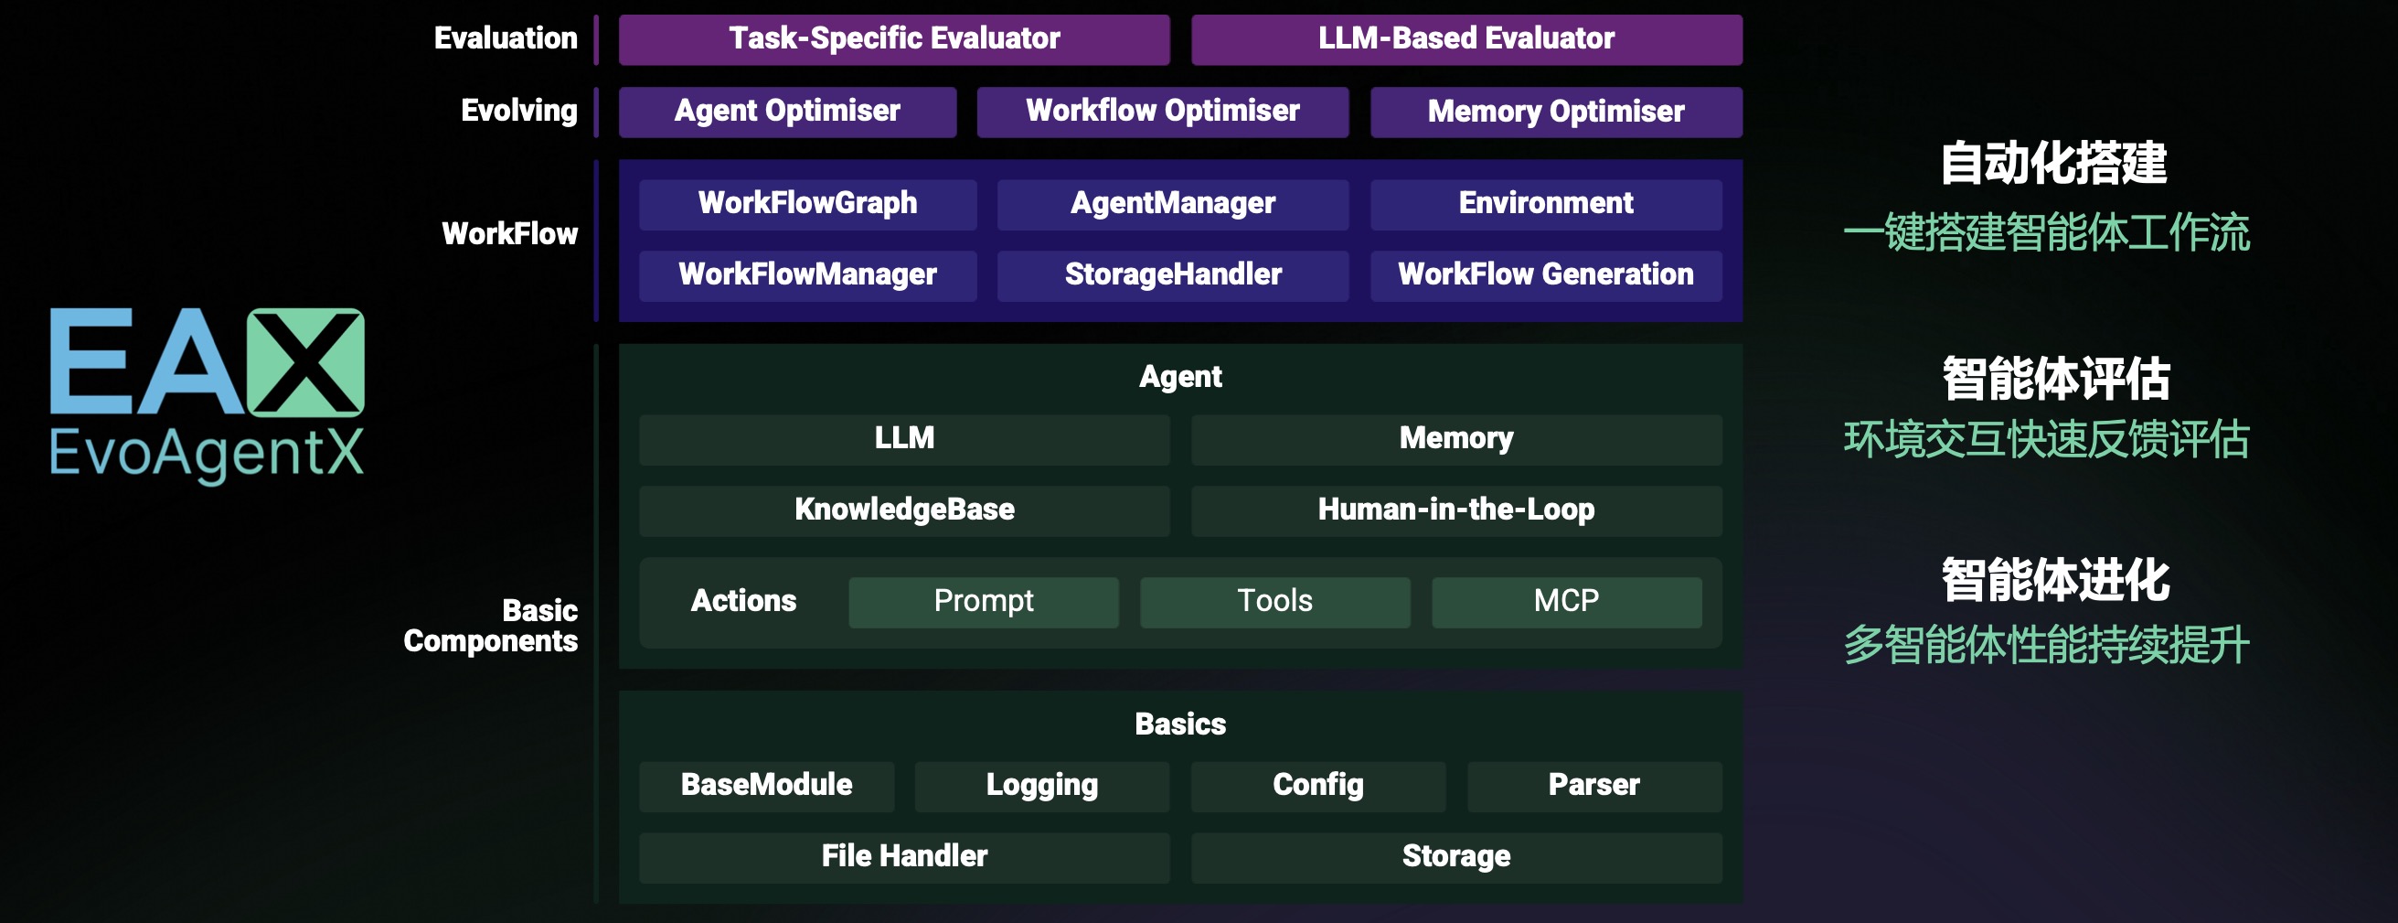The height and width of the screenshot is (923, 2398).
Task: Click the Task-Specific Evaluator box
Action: [x=894, y=39]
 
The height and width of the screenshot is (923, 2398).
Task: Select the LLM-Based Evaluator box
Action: [x=1466, y=39]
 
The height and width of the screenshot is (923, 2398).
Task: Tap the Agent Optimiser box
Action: [x=787, y=112]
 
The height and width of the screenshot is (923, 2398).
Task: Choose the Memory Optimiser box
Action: [x=1555, y=112]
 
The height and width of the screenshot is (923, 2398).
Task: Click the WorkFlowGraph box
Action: [x=807, y=204]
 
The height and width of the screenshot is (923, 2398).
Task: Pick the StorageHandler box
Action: [x=1173, y=275]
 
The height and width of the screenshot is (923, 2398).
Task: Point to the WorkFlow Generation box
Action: [x=1545, y=275]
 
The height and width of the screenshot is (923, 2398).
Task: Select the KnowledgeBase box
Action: [x=904, y=510]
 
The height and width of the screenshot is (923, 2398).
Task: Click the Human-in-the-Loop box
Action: [x=1457, y=510]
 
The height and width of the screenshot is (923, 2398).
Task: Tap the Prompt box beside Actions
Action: [x=983, y=602]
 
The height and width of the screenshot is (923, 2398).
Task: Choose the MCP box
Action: [x=1567, y=602]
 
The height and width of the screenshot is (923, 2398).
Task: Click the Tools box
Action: [x=1274, y=602]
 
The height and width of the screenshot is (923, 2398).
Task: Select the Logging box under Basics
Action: [x=1041, y=786]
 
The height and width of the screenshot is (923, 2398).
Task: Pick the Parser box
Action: [x=1594, y=786]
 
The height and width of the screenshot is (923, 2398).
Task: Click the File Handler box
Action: [x=904, y=857]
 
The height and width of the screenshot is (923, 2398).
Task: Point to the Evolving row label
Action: [x=519, y=111]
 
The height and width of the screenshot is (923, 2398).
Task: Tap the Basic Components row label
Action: [x=491, y=626]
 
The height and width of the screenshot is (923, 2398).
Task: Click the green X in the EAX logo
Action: [x=305, y=361]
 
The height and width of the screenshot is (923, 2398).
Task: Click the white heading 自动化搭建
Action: [x=2053, y=164]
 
